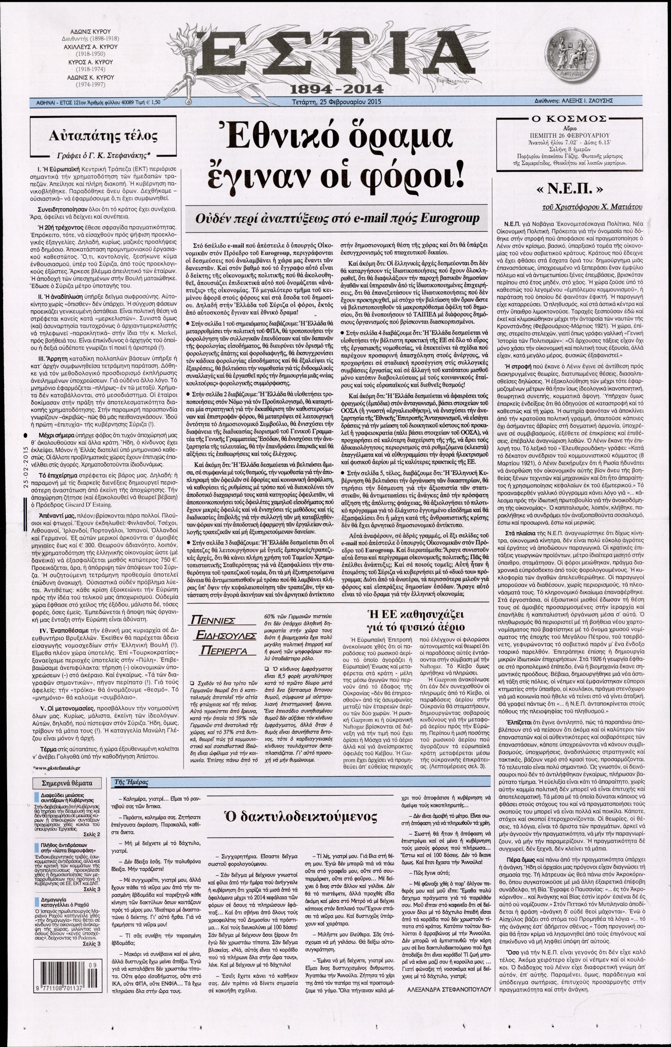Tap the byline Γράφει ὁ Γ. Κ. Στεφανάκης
pos(96,155)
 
